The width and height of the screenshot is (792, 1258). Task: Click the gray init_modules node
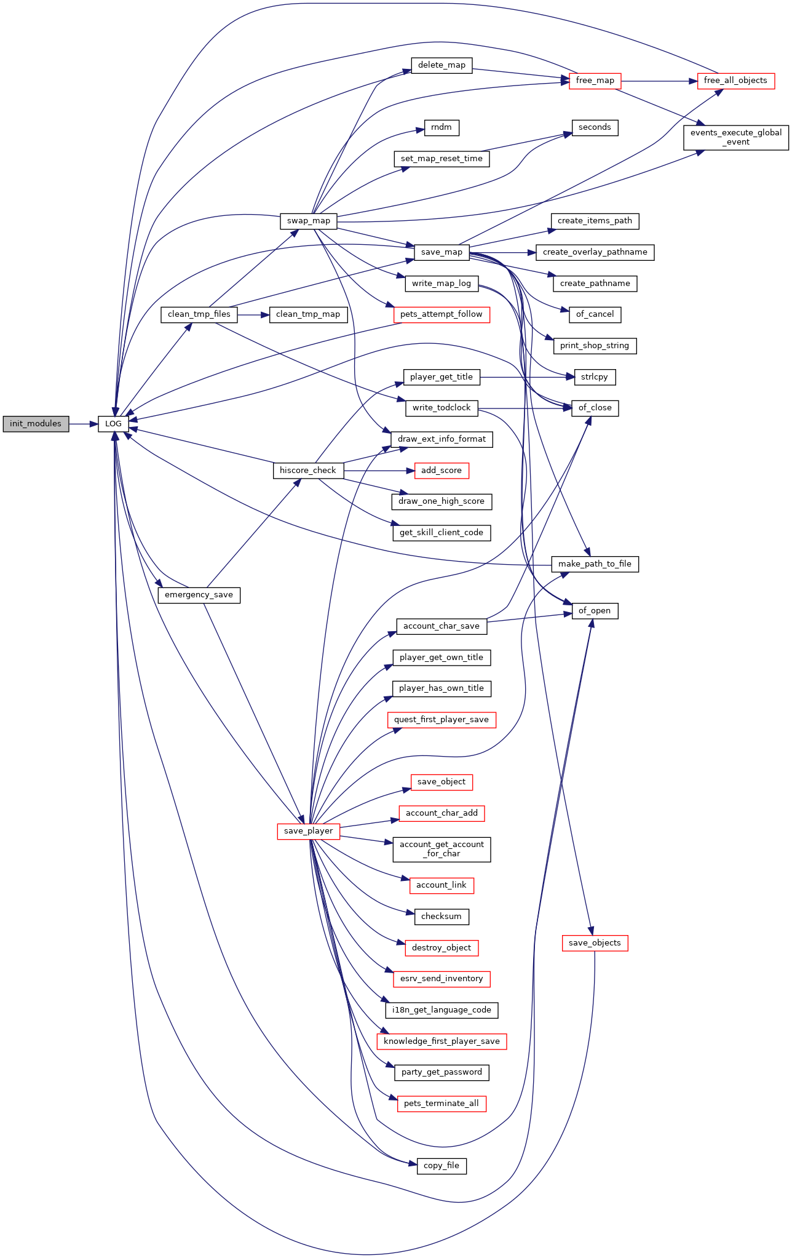pos(36,424)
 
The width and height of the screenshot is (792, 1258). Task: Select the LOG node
pos(114,424)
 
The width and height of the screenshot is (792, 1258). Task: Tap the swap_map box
pos(309,221)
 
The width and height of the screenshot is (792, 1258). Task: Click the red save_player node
pos(309,831)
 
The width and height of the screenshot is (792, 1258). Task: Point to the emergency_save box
pos(199,595)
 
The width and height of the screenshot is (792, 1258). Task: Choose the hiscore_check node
pos(308,471)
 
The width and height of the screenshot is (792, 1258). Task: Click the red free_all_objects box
pos(736,81)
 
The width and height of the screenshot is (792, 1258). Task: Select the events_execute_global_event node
pos(736,137)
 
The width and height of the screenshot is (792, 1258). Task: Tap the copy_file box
pos(442,1166)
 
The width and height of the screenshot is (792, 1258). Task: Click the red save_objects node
pos(595,943)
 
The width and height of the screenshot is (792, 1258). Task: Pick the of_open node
pos(595,611)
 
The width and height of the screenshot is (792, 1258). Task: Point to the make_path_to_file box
pos(595,564)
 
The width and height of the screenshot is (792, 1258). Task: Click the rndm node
pos(442,127)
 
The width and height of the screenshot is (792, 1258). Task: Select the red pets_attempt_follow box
pos(442,314)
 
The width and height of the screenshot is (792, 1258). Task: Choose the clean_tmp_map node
pos(308,314)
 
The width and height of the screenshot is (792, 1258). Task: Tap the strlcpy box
pos(595,377)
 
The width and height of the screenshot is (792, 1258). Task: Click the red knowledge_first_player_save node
pos(442,1041)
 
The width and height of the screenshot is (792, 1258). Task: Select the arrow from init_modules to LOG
pos(84,424)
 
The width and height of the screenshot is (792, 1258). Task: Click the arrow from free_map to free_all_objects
pos(659,81)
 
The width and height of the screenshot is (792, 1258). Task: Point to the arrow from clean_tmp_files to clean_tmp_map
pos(253,314)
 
